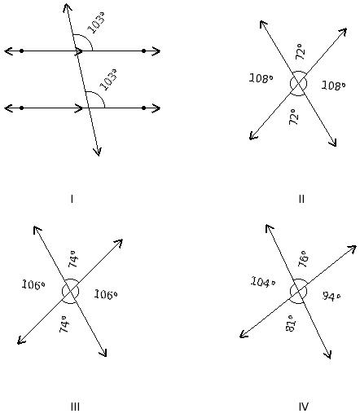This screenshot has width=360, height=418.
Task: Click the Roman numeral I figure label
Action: point(72,199)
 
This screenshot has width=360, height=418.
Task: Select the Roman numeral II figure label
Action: point(301,199)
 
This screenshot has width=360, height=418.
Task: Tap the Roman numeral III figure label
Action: point(75,407)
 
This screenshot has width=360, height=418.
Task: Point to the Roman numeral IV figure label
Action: point(304,407)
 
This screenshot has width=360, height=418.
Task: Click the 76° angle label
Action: point(303,259)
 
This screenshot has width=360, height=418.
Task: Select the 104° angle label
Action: point(263,282)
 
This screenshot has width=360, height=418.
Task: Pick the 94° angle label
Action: point(331,296)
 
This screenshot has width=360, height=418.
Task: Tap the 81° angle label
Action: point(290,323)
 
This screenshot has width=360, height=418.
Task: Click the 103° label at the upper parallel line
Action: point(96,23)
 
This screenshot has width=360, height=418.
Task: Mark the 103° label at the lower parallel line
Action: point(108,79)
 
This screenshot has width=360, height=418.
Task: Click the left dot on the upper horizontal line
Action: point(22,51)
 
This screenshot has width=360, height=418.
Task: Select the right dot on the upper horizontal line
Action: point(144,51)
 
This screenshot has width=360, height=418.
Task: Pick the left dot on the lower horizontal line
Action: point(22,108)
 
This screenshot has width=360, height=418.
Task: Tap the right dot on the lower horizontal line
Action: point(144,108)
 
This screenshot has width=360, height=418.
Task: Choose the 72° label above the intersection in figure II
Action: point(300,51)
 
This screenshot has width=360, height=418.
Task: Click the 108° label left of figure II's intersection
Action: point(261,78)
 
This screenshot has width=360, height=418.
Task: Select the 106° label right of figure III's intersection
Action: point(106,294)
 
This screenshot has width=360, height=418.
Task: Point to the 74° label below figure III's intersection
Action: point(64,323)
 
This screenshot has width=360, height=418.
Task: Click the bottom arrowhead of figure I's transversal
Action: point(97,152)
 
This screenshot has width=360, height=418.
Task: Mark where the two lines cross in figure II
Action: point(298,84)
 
